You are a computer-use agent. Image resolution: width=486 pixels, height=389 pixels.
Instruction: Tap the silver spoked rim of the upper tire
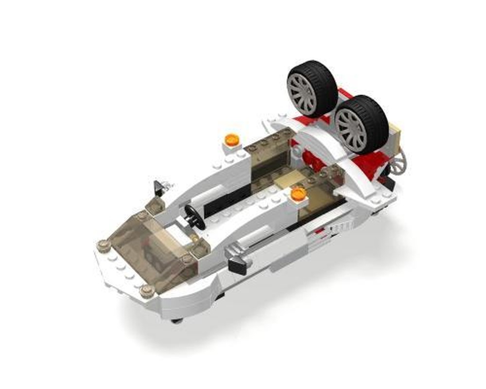pos(302,92)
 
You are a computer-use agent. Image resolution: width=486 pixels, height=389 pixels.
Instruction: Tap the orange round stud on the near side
pos(298,194)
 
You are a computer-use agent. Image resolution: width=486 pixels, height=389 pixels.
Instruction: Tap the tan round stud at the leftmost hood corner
pos(103,246)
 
